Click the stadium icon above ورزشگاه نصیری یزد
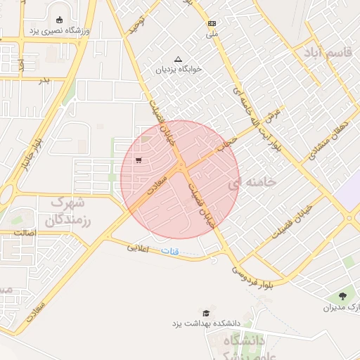[58, 20]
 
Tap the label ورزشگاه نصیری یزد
[58, 31]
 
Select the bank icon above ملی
[212, 23]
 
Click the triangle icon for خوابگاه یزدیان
[177, 58]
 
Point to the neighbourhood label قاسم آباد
[327, 53]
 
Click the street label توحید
[136, 25]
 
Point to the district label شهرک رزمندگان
[70, 212]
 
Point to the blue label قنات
[170, 251]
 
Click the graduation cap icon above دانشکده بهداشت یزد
[206, 313]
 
